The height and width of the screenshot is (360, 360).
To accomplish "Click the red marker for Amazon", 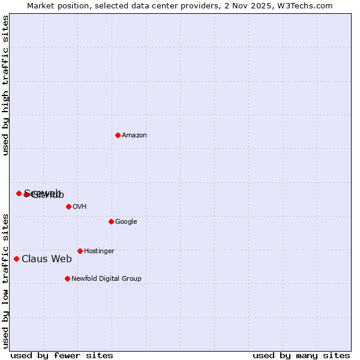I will (118, 135).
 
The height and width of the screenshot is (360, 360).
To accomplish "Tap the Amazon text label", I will (134, 136).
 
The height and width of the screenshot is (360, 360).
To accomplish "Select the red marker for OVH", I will (68, 206).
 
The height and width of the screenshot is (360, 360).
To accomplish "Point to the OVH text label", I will (80, 207).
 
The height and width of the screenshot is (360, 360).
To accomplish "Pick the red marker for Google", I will (111, 221).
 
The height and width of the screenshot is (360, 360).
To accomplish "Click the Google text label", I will (126, 222).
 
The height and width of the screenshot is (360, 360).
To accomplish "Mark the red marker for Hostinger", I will (80, 251).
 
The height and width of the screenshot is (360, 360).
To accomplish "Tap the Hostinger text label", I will (99, 251).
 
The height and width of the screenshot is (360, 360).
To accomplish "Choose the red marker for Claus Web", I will (16, 259).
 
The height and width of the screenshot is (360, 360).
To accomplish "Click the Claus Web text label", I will (47, 259).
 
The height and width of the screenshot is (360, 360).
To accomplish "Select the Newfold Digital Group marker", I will (67, 278).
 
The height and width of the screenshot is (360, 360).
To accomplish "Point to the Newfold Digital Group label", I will (106, 279).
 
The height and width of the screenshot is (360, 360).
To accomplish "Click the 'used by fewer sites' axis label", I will (62, 356).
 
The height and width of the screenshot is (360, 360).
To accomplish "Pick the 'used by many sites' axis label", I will (301, 356).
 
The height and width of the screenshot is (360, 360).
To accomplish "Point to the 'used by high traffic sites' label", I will (6, 85).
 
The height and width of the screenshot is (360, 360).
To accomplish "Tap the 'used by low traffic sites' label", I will (6, 281).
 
